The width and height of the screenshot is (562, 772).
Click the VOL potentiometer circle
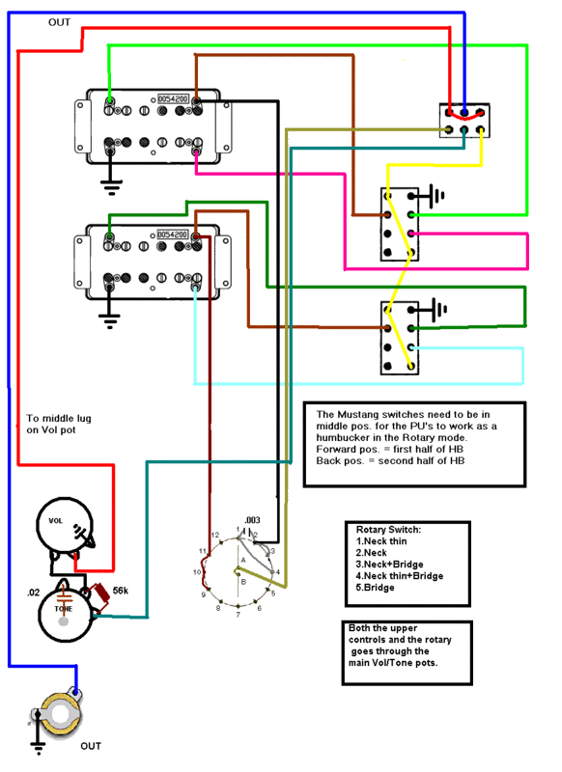pos(60,527)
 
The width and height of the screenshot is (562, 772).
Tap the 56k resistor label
pos(121,590)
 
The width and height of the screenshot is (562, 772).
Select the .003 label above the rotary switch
pos(252,520)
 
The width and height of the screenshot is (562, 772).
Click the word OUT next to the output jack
pos(90,746)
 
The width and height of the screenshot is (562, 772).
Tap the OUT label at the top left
pos(59,20)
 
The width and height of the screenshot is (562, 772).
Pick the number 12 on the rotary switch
pos(216,535)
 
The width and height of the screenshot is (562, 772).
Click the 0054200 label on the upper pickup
pos(173,98)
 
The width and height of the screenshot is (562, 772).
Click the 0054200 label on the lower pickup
pos(173,234)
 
